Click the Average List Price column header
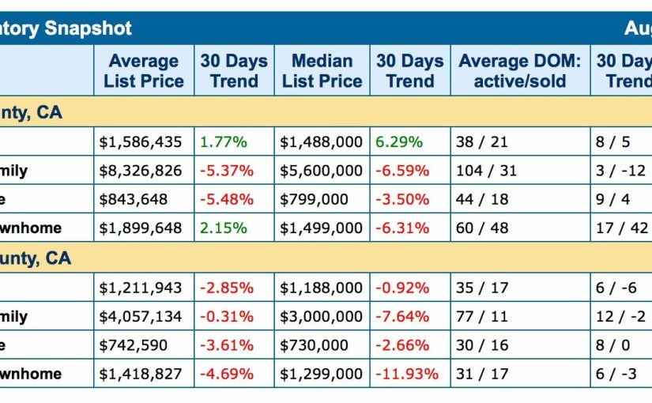143,71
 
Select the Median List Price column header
322,71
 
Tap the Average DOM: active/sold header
519,71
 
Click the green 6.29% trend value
399,142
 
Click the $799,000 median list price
315,199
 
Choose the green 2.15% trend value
223,228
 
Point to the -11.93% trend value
406,374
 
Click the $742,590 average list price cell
134,345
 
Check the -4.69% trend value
226,374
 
